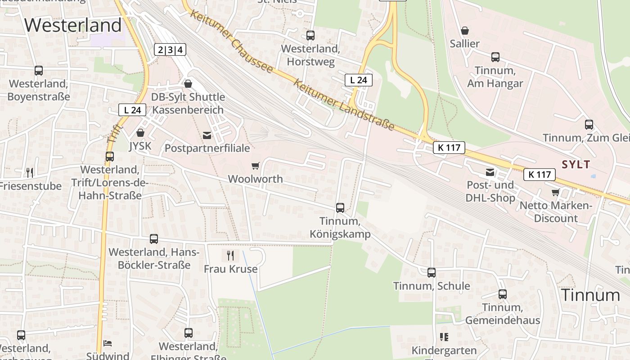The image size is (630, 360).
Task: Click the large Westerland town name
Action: click(73, 25)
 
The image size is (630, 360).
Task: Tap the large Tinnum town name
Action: click(590, 295)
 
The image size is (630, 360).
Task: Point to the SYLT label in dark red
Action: click(576, 164)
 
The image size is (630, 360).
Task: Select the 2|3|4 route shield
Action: click(170, 49)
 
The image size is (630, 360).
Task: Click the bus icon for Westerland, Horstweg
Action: click(310, 36)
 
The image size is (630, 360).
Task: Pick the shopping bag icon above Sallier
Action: click(465, 31)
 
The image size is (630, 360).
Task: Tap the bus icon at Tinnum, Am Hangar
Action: click(495, 57)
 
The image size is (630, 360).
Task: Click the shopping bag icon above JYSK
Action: click(140, 133)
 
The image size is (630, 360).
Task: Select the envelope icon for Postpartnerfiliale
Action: click(207, 135)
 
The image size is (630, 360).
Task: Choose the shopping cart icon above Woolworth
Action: click(256, 166)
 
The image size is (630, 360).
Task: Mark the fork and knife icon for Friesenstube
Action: click(30, 172)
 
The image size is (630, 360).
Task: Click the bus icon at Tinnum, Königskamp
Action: click(340, 208)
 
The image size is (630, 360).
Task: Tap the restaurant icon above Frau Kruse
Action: click(230, 256)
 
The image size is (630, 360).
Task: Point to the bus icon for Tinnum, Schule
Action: click(432, 272)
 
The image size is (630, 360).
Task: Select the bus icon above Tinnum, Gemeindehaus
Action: click(503, 294)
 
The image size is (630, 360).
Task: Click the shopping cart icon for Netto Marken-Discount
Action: click(556, 192)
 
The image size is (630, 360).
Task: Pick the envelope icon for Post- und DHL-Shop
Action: click(490, 172)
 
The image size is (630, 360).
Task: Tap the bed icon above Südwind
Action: click(108, 343)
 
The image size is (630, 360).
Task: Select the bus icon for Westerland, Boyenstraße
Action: click(39, 71)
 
